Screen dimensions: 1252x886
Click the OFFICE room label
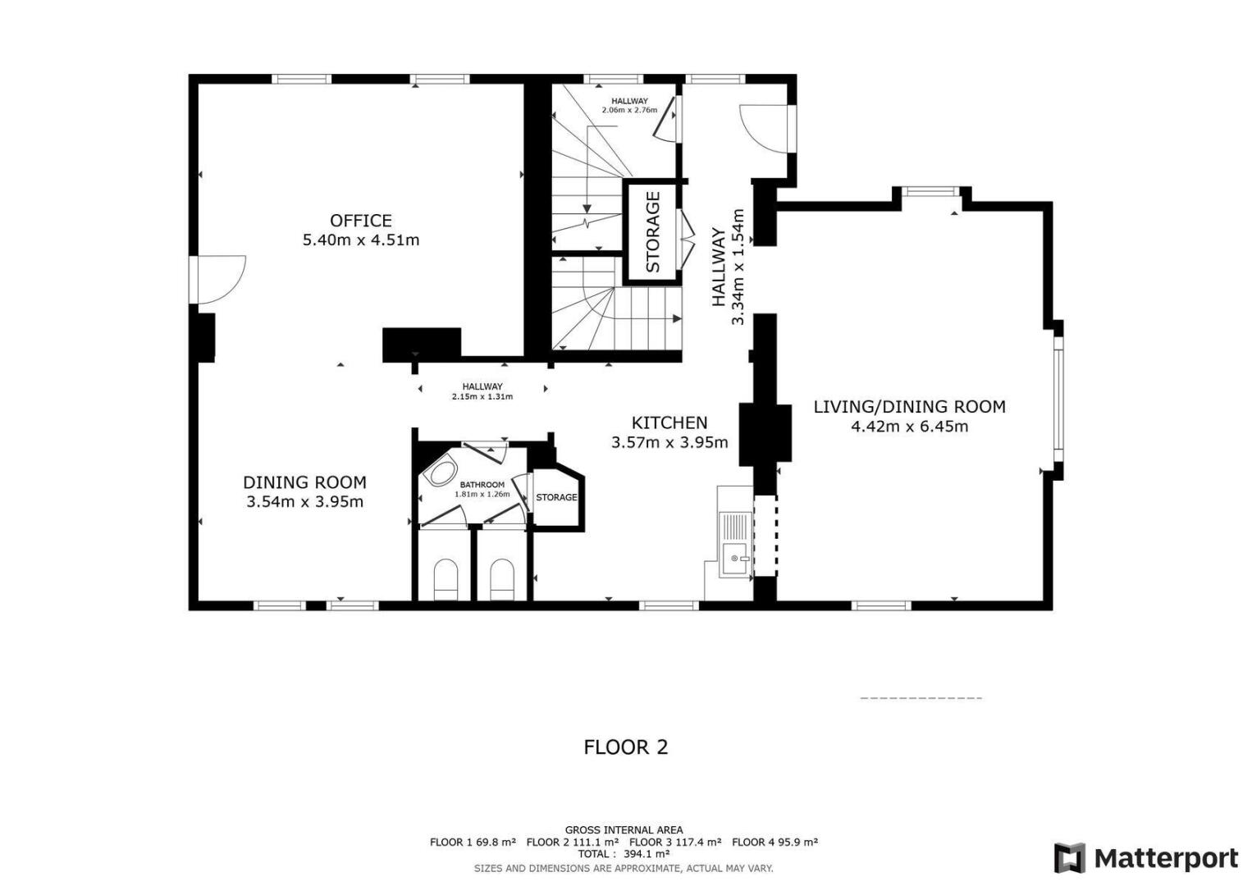[360, 221]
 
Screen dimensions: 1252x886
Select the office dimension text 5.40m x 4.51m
[361, 240]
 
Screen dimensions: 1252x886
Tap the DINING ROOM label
[304, 482]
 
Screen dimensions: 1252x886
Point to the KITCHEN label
[669, 422]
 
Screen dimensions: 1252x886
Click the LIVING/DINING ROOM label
[909, 407]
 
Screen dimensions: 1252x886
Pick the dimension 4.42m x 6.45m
[909, 427]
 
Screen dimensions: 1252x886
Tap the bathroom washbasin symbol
[441, 473]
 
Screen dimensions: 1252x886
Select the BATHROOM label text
[482, 485]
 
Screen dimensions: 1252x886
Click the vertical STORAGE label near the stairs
[653, 231]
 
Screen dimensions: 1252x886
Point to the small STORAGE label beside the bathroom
[556, 497]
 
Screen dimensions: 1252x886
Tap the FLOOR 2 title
[625, 747]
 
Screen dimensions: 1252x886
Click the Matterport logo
[1146, 857]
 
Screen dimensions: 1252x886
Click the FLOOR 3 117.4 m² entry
[675, 842]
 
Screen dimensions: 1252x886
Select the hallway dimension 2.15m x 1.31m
[482, 397]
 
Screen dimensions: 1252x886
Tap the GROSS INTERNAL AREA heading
[624, 830]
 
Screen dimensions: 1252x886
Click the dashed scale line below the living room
[921, 698]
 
